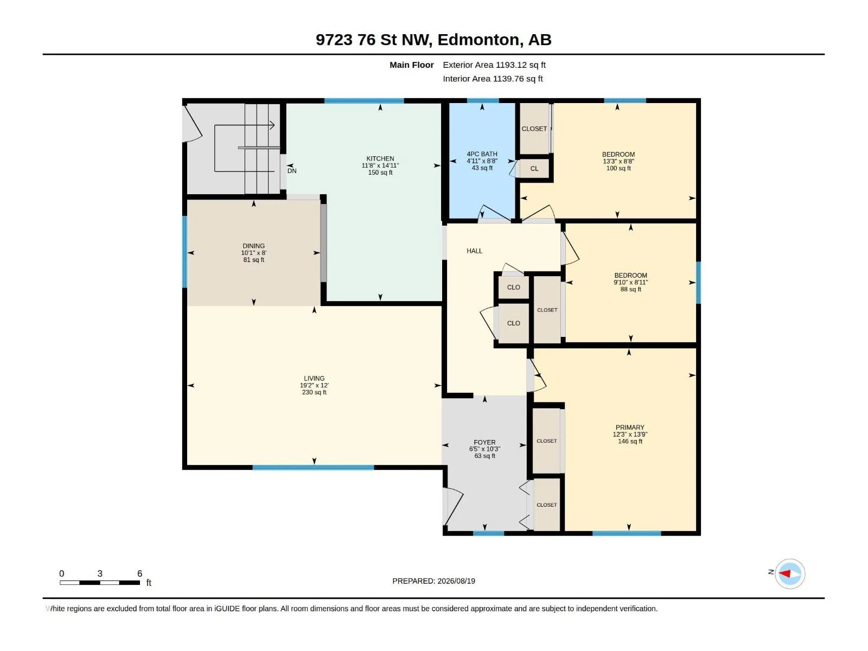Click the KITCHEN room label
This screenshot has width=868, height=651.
click(380, 158)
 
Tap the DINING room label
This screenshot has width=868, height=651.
click(253, 246)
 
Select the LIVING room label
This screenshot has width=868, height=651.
click(314, 378)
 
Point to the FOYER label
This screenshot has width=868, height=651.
click(484, 442)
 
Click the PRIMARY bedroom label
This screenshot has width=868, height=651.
click(629, 427)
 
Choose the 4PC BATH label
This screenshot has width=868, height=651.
click(482, 154)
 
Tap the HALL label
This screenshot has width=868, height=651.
click(474, 251)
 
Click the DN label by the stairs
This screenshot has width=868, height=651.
click(292, 171)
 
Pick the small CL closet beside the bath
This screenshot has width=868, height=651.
click(534, 169)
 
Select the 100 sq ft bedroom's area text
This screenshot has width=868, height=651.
click(618, 168)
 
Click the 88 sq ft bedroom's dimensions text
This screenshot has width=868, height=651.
click(630, 282)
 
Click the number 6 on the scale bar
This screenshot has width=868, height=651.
click(139, 573)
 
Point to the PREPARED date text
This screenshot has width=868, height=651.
click(433, 581)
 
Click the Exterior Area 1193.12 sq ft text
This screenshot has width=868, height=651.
click(494, 65)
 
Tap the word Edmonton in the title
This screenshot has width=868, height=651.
click(478, 40)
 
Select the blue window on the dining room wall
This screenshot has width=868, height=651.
click(184, 252)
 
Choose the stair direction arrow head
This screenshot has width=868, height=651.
click(272, 125)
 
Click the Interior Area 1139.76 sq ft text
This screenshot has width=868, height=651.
click(493, 79)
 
